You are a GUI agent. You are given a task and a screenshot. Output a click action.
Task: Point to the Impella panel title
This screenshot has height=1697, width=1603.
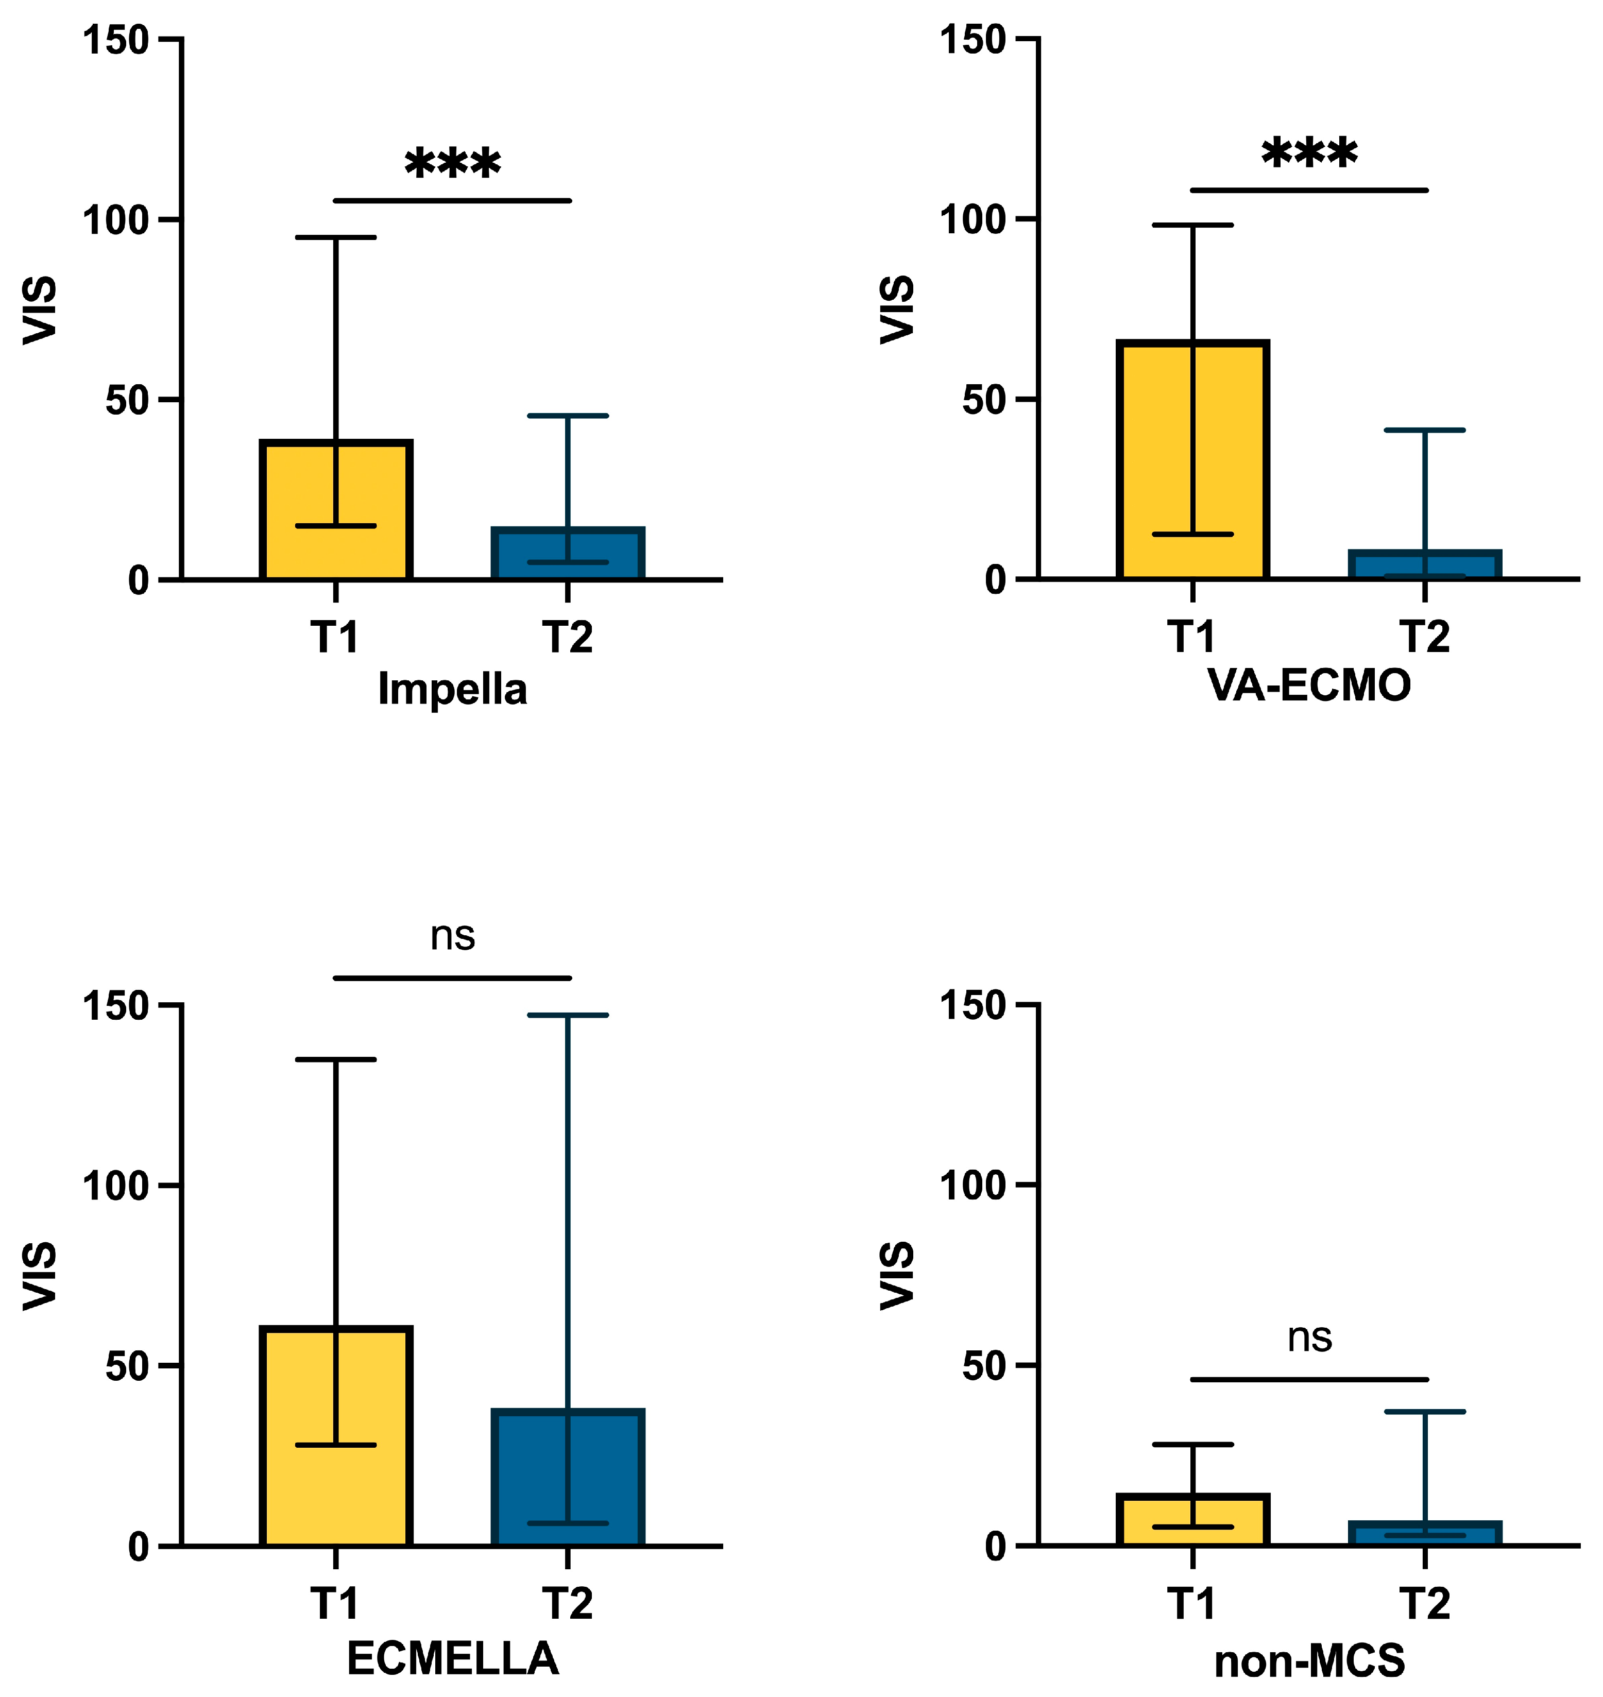point(452,689)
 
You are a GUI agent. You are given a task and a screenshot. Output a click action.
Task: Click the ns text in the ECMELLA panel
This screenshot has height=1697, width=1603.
point(452,936)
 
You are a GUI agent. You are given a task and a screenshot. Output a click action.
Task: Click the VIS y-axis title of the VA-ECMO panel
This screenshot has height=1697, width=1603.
point(897,310)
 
